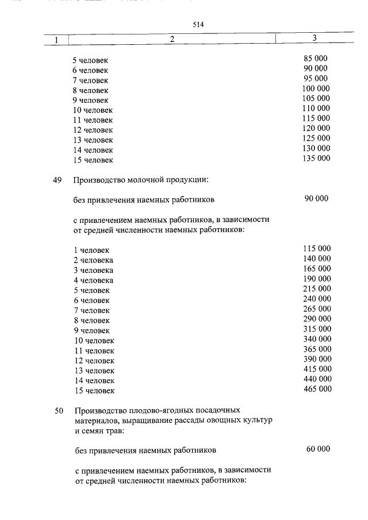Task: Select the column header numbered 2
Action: pos(172,40)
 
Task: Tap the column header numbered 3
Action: pos(315,38)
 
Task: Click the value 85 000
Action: pos(316,59)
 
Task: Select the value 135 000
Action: pos(316,159)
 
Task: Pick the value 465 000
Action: pos(316,389)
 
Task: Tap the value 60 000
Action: pos(318,448)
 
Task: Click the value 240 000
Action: pos(316,299)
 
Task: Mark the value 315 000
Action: pos(316,329)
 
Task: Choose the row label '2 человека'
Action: pos(93,260)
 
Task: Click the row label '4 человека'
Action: pos(93,280)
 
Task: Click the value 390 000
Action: pos(316,359)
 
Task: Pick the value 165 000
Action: pos(316,268)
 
